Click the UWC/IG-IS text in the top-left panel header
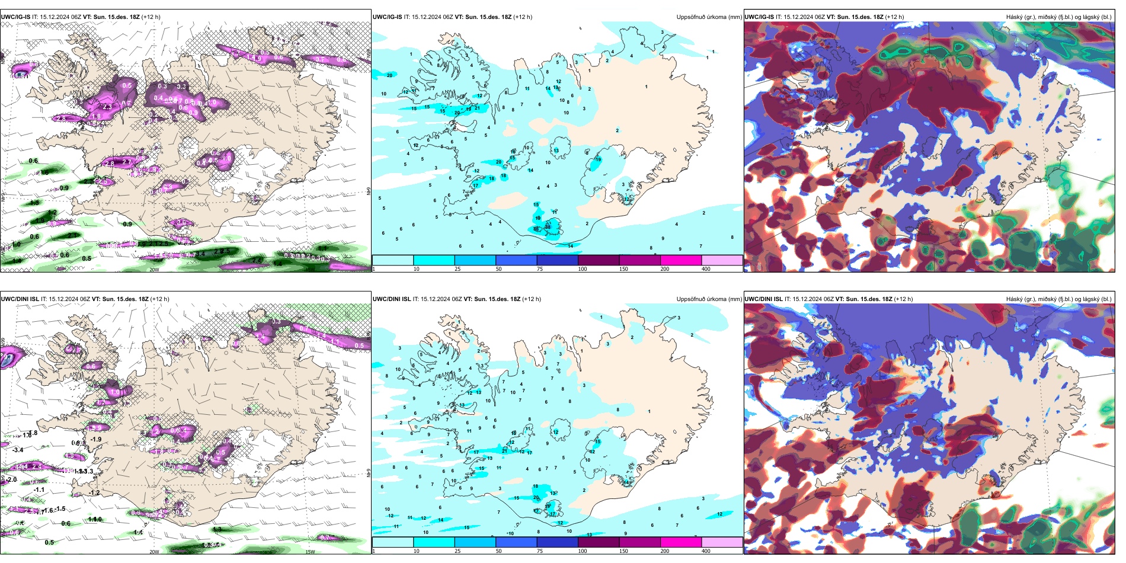(15, 17)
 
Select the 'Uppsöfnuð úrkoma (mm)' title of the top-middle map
(709, 17)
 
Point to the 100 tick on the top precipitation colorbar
(583, 269)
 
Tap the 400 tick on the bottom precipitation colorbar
(706, 551)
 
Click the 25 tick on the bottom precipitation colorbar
(458, 551)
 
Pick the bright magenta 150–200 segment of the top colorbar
(680, 260)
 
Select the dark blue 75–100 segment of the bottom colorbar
(557, 542)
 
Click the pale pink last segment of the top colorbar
(721, 260)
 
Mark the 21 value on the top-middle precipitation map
(477, 108)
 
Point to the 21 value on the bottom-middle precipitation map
(505, 451)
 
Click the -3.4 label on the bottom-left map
(18, 450)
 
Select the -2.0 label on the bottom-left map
(11, 479)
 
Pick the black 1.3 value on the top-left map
(34, 203)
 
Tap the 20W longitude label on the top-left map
(154, 270)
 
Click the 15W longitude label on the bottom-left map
(309, 552)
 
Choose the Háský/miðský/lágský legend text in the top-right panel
(1058, 17)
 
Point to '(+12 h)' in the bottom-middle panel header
(531, 299)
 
